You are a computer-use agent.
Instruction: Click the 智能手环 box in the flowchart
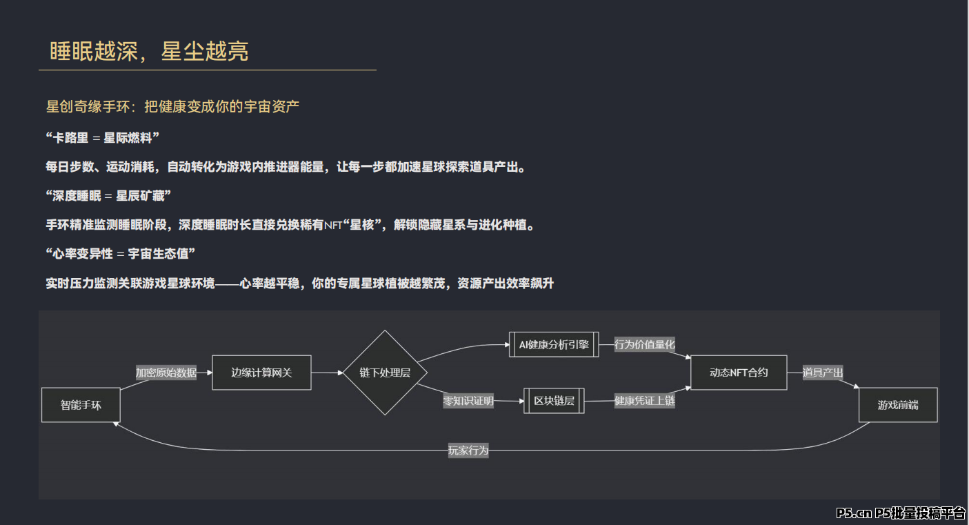coord(81,405)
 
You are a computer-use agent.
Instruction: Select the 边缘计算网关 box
coord(261,373)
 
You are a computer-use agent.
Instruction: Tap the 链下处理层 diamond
coord(385,373)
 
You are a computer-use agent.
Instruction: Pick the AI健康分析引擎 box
coord(554,344)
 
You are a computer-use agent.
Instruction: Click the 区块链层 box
coord(554,401)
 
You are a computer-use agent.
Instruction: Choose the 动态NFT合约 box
coord(739,373)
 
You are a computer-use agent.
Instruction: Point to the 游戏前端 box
coord(898,405)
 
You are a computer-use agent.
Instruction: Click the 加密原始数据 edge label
coord(166,373)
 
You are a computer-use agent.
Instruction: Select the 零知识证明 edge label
coord(468,401)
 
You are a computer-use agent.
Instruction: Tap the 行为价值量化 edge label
coord(645,344)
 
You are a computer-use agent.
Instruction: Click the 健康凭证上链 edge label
coord(645,401)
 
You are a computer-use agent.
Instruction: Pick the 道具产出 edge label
coord(823,373)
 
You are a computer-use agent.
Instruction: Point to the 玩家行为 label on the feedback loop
coord(468,450)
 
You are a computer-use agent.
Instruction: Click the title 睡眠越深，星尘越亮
coord(149,51)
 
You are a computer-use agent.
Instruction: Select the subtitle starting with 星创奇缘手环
coord(172,106)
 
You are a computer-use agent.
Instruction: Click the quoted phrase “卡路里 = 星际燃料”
coord(103,138)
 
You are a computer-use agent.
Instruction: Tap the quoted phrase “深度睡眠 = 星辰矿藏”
coord(108,196)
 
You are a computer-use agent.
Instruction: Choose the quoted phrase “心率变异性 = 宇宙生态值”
coord(121,254)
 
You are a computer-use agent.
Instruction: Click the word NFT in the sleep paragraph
coord(333,226)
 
